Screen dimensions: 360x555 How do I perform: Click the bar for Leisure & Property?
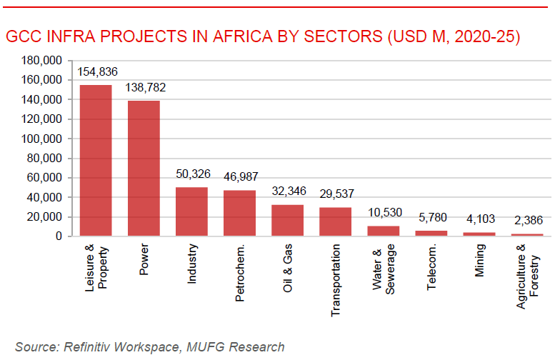coord(95,161)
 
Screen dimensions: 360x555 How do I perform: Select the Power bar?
coord(144,168)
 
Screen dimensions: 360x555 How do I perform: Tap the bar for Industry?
coord(191,211)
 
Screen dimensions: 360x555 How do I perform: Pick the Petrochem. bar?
coord(239,213)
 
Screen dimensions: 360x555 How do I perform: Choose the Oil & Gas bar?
coord(287,220)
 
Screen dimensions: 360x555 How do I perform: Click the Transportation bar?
coord(335,221)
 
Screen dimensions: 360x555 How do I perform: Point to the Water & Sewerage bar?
coord(383,231)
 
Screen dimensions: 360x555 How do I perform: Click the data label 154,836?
coord(96,71)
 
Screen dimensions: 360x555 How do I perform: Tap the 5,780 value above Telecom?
coord(431,218)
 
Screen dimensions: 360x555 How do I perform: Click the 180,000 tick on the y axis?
coord(42,61)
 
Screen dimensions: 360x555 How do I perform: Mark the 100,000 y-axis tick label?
coord(42,139)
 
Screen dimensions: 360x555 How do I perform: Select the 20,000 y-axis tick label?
coord(45,216)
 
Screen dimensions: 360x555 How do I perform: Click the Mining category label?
coord(479,261)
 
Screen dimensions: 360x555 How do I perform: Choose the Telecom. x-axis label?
coord(431,266)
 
